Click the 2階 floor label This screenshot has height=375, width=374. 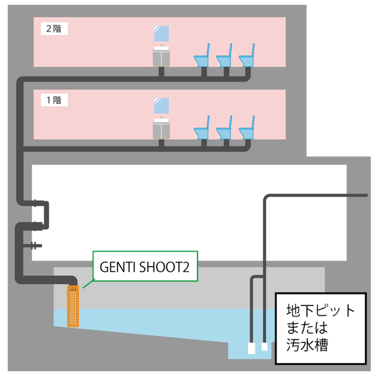click(x=54, y=29)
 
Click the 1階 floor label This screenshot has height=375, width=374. click(x=54, y=100)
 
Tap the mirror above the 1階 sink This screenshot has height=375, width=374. click(x=162, y=106)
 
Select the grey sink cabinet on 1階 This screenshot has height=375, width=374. click(x=161, y=129)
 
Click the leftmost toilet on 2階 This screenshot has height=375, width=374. click(x=203, y=58)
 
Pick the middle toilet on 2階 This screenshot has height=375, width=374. click(x=226, y=58)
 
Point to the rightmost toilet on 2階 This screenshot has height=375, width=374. click(x=248, y=58)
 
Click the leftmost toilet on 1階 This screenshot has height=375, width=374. click(x=203, y=130)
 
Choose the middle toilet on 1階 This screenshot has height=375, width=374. click(x=226, y=130)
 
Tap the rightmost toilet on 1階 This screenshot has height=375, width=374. click(x=248, y=130)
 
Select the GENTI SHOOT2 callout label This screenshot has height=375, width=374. click(x=145, y=266)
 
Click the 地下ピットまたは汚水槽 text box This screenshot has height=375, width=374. click(x=320, y=327)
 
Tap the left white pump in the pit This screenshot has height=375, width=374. click(x=251, y=348)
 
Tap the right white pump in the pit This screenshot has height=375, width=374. click(x=264, y=347)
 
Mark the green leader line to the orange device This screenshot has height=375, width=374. click(x=87, y=283)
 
